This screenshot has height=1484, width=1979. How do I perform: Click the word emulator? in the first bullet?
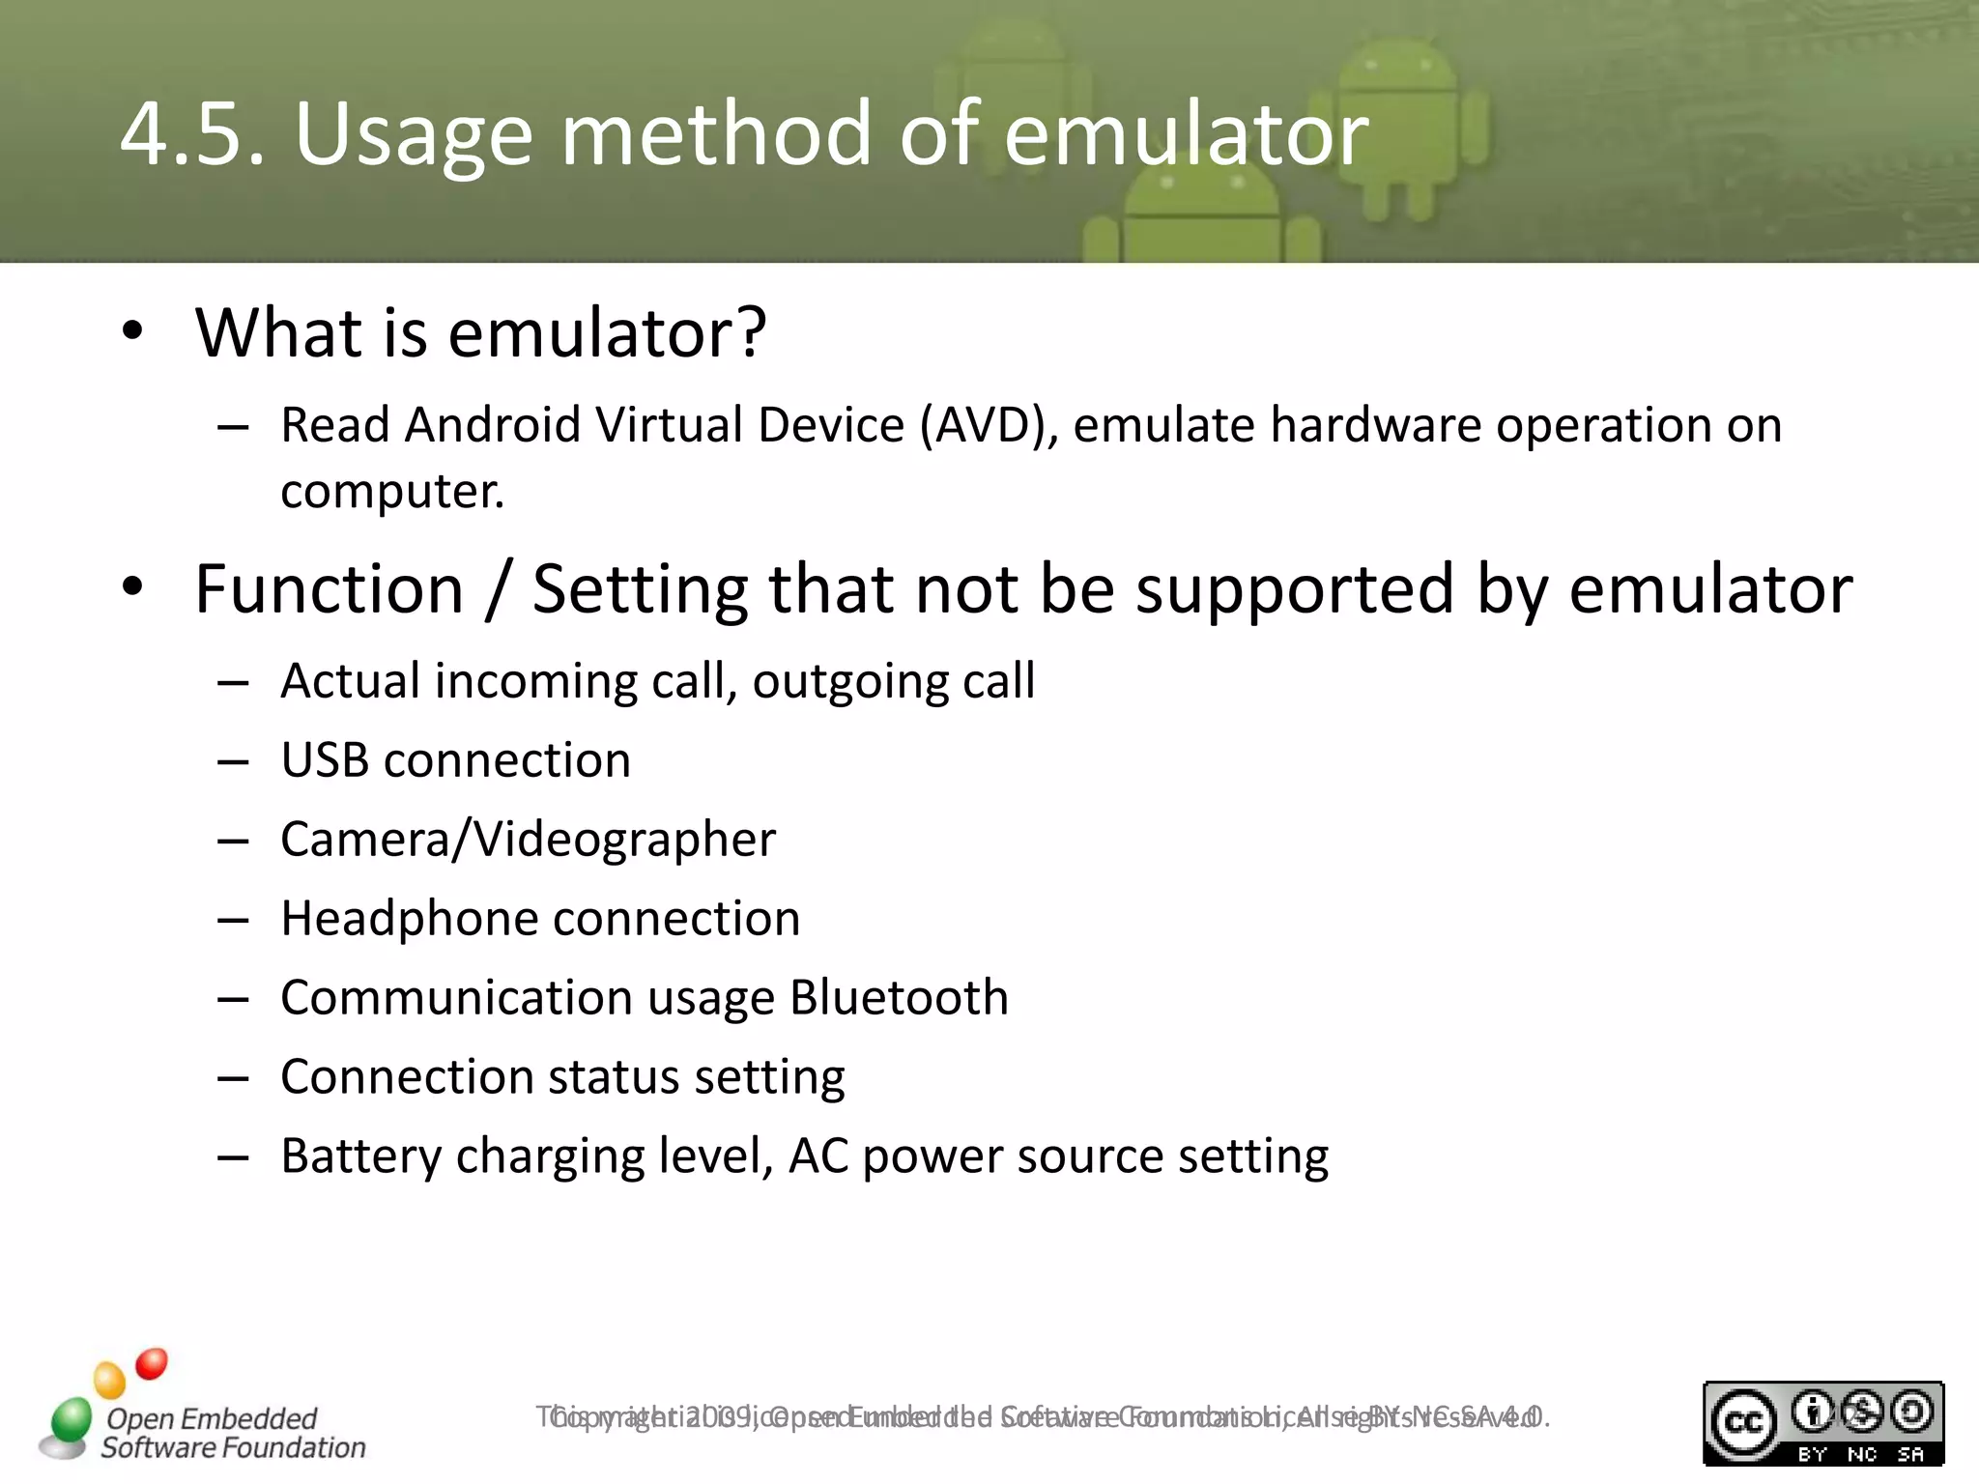coord(607,332)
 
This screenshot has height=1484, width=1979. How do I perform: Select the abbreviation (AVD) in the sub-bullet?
coord(989,425)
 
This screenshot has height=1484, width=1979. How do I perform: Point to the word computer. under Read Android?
coord(392,492)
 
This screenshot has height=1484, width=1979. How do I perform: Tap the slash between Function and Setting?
coord(498,588)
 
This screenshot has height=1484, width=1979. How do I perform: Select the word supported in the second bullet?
coord(1294,588)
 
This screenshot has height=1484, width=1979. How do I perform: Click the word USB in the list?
coord(325,760)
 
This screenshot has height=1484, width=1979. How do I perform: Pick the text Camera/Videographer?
coord(528,840)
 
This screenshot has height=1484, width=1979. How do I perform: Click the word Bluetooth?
coord(899,998)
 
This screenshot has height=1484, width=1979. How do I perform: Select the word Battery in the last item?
coord(360,1156)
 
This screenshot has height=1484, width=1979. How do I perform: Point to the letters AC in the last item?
coord(818,1156)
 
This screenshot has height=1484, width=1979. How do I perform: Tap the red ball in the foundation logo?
coord(152,1364)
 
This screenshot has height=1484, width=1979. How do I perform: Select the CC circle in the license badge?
coord(1743,1423)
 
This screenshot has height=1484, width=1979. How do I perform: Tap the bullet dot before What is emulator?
coord(132,331)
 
